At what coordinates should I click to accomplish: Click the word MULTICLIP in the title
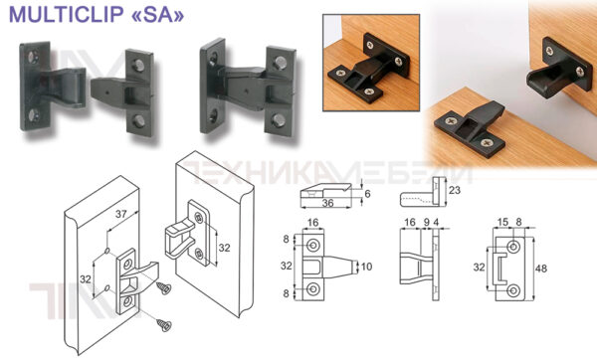[66, 15]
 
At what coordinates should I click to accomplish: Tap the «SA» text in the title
[157, 15]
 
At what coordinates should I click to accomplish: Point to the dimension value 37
[121, 214]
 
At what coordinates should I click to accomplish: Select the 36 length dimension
[327, 203]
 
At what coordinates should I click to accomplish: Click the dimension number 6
[367, 194]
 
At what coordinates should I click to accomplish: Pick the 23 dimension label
[455, 190]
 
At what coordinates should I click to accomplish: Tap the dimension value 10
[366, 267]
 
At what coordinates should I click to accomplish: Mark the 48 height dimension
[541, 269]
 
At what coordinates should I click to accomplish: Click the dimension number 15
[502, 222]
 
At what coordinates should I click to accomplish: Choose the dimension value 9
[427, 222]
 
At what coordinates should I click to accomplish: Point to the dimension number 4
[436, 222]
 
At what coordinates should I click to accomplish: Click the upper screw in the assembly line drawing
[164, 288]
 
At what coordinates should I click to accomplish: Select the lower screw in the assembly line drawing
[164, 324]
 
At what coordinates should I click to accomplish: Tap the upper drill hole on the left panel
[107, 251]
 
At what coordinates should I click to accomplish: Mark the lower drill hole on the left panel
[107, 287]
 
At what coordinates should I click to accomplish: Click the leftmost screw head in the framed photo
[340, 73]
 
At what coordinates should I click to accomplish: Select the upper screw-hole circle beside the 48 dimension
[514, 247]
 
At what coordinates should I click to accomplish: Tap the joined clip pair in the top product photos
[248, 88]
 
